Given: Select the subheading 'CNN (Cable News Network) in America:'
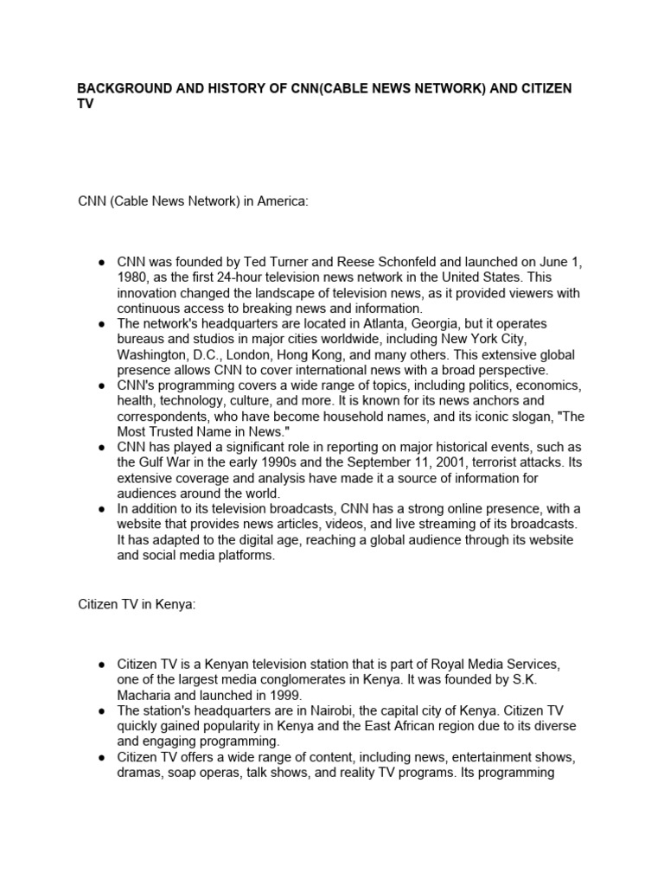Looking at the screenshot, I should coord(193,201).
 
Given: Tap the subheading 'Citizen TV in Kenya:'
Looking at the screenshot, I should coord(137,605).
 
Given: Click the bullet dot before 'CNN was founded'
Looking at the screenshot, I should coord(103,262).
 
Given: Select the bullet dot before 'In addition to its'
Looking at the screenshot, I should coord(103,509).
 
